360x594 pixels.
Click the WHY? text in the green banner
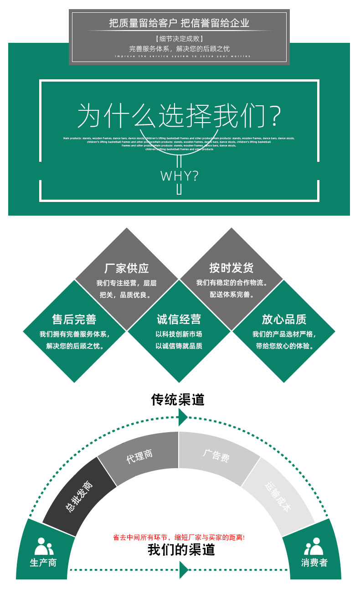click(x=179, y=176)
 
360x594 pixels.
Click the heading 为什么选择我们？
click(x=179, y=116)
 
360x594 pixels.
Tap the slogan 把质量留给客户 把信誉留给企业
click(x=179, y=23)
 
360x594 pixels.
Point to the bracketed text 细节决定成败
click(x=179, y=38)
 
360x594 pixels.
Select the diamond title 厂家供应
click(x=127, y=268)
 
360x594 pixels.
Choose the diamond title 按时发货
click(x=231, y=268)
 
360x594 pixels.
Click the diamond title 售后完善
click(x=74, y=319)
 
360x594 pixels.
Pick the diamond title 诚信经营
click(x=179, y=319)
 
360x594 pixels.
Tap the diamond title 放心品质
click(x=284, y=319)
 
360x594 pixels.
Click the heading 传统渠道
click(x=178, y=400)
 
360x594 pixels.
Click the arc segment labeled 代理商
click(x=139, y=456)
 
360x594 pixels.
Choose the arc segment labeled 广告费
click(x=216, y=456)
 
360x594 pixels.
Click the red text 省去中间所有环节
click(x=179, y=537)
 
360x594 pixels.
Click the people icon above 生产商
click(x=44, y=546)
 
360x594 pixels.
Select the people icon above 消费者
click(x=314, y=546)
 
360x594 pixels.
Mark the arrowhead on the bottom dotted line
click(x=184, y=569)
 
